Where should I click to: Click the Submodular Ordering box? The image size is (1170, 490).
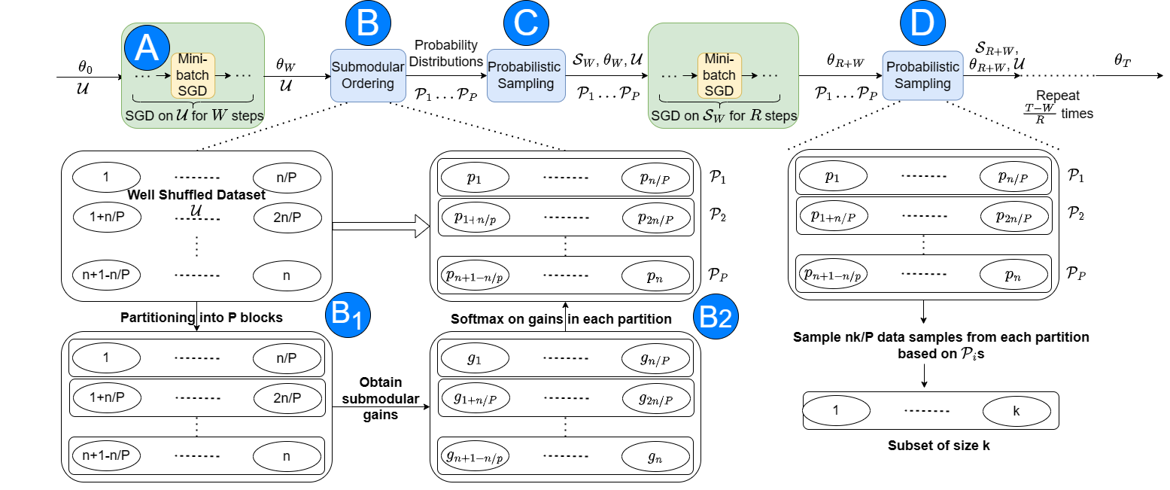(x=368, y=75)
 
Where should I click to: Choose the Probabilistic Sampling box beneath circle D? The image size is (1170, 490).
(x=922, y=75)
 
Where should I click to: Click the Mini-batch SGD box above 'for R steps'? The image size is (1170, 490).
(x=720, y=75)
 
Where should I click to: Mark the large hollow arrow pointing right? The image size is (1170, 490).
(x=380, y=224)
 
